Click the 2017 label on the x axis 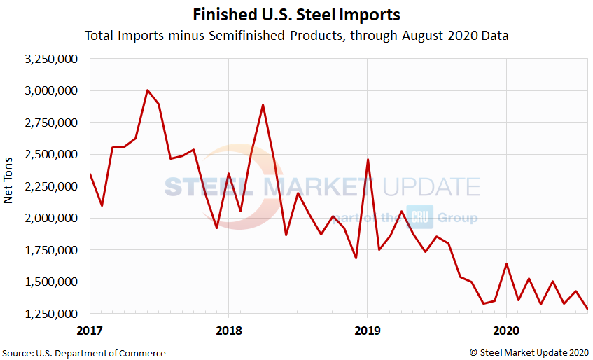point(89,328)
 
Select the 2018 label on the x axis point(228,328)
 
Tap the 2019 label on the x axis point(368,328)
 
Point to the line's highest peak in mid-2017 point(147,90)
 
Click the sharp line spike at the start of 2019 point(368,160)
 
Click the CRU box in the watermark point(421,218)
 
